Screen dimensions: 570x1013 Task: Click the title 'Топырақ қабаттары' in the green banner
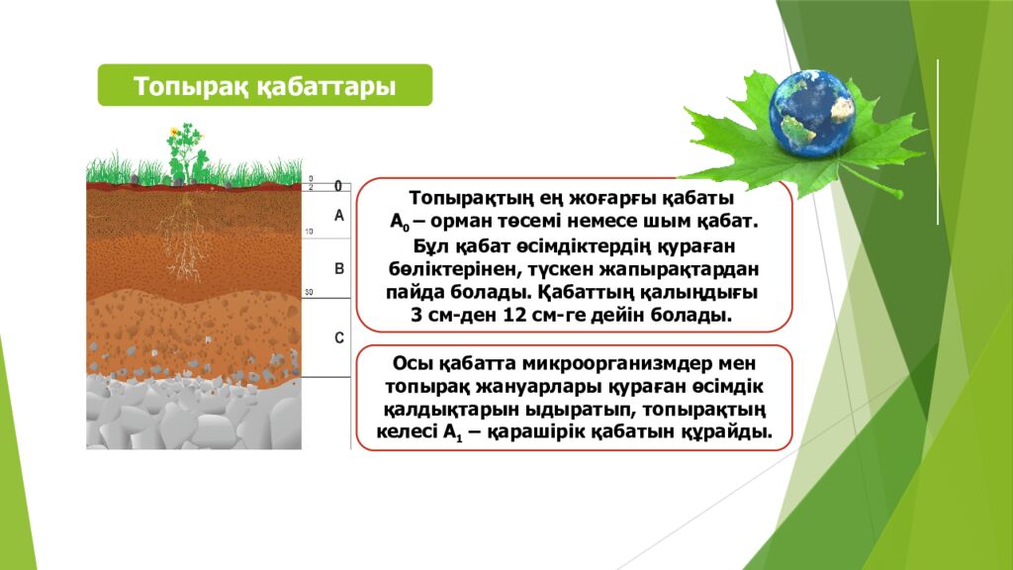pos(264,86)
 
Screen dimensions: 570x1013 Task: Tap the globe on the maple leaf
pos(811,111)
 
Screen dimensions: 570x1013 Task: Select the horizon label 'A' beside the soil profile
pos(338,215)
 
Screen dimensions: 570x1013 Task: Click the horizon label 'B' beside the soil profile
pos(338,268)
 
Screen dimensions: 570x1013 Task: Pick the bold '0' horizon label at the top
pos(337,186)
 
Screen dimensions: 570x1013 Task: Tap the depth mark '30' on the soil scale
pos(309,293)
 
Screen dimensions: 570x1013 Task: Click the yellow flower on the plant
pos(175,131)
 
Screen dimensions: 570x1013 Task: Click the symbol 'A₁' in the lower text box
pos(453,432)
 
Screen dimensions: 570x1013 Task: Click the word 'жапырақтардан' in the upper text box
pos(685,268)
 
